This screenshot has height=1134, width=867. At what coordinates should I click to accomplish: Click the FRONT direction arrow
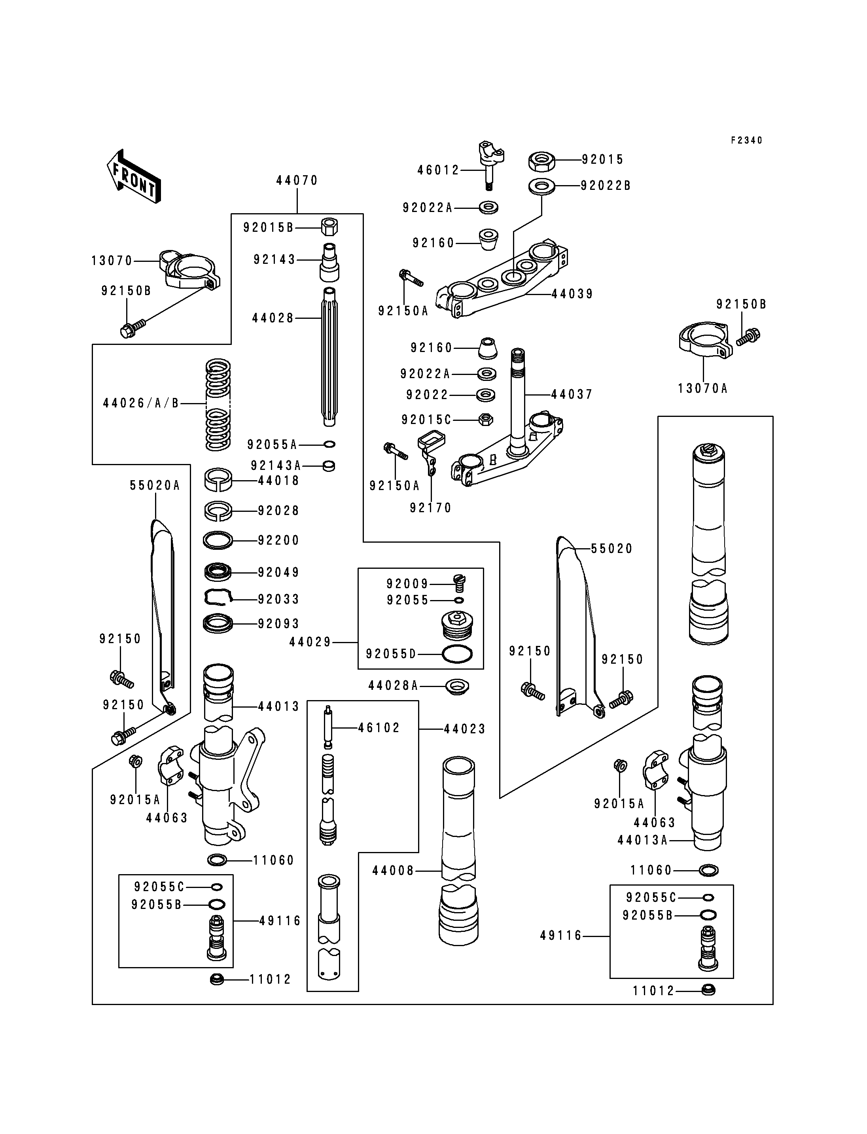point(134,176)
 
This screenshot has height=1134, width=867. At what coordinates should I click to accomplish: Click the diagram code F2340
point(746,140)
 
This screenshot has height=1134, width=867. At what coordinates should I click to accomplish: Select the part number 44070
point(297,181)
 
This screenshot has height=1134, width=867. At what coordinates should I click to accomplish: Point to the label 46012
point(438,170)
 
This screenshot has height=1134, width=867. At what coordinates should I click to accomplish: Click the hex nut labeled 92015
point(541,161)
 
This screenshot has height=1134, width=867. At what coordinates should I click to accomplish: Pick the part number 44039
point(572,294)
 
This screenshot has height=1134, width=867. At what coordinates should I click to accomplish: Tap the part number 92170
point(430,508)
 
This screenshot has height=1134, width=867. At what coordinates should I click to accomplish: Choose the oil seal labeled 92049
point(218,572)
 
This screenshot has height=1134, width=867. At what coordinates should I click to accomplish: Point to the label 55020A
point(155,485)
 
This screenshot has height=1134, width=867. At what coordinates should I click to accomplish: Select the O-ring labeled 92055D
point(457,654)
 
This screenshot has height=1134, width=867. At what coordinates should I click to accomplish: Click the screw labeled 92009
point(458,583)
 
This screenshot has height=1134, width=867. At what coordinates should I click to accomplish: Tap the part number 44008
point(393,871)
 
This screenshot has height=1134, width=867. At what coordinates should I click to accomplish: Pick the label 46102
point(379,728)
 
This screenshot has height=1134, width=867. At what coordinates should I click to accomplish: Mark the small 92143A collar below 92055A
point(329,466)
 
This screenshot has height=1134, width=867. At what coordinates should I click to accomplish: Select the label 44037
point(572,395)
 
